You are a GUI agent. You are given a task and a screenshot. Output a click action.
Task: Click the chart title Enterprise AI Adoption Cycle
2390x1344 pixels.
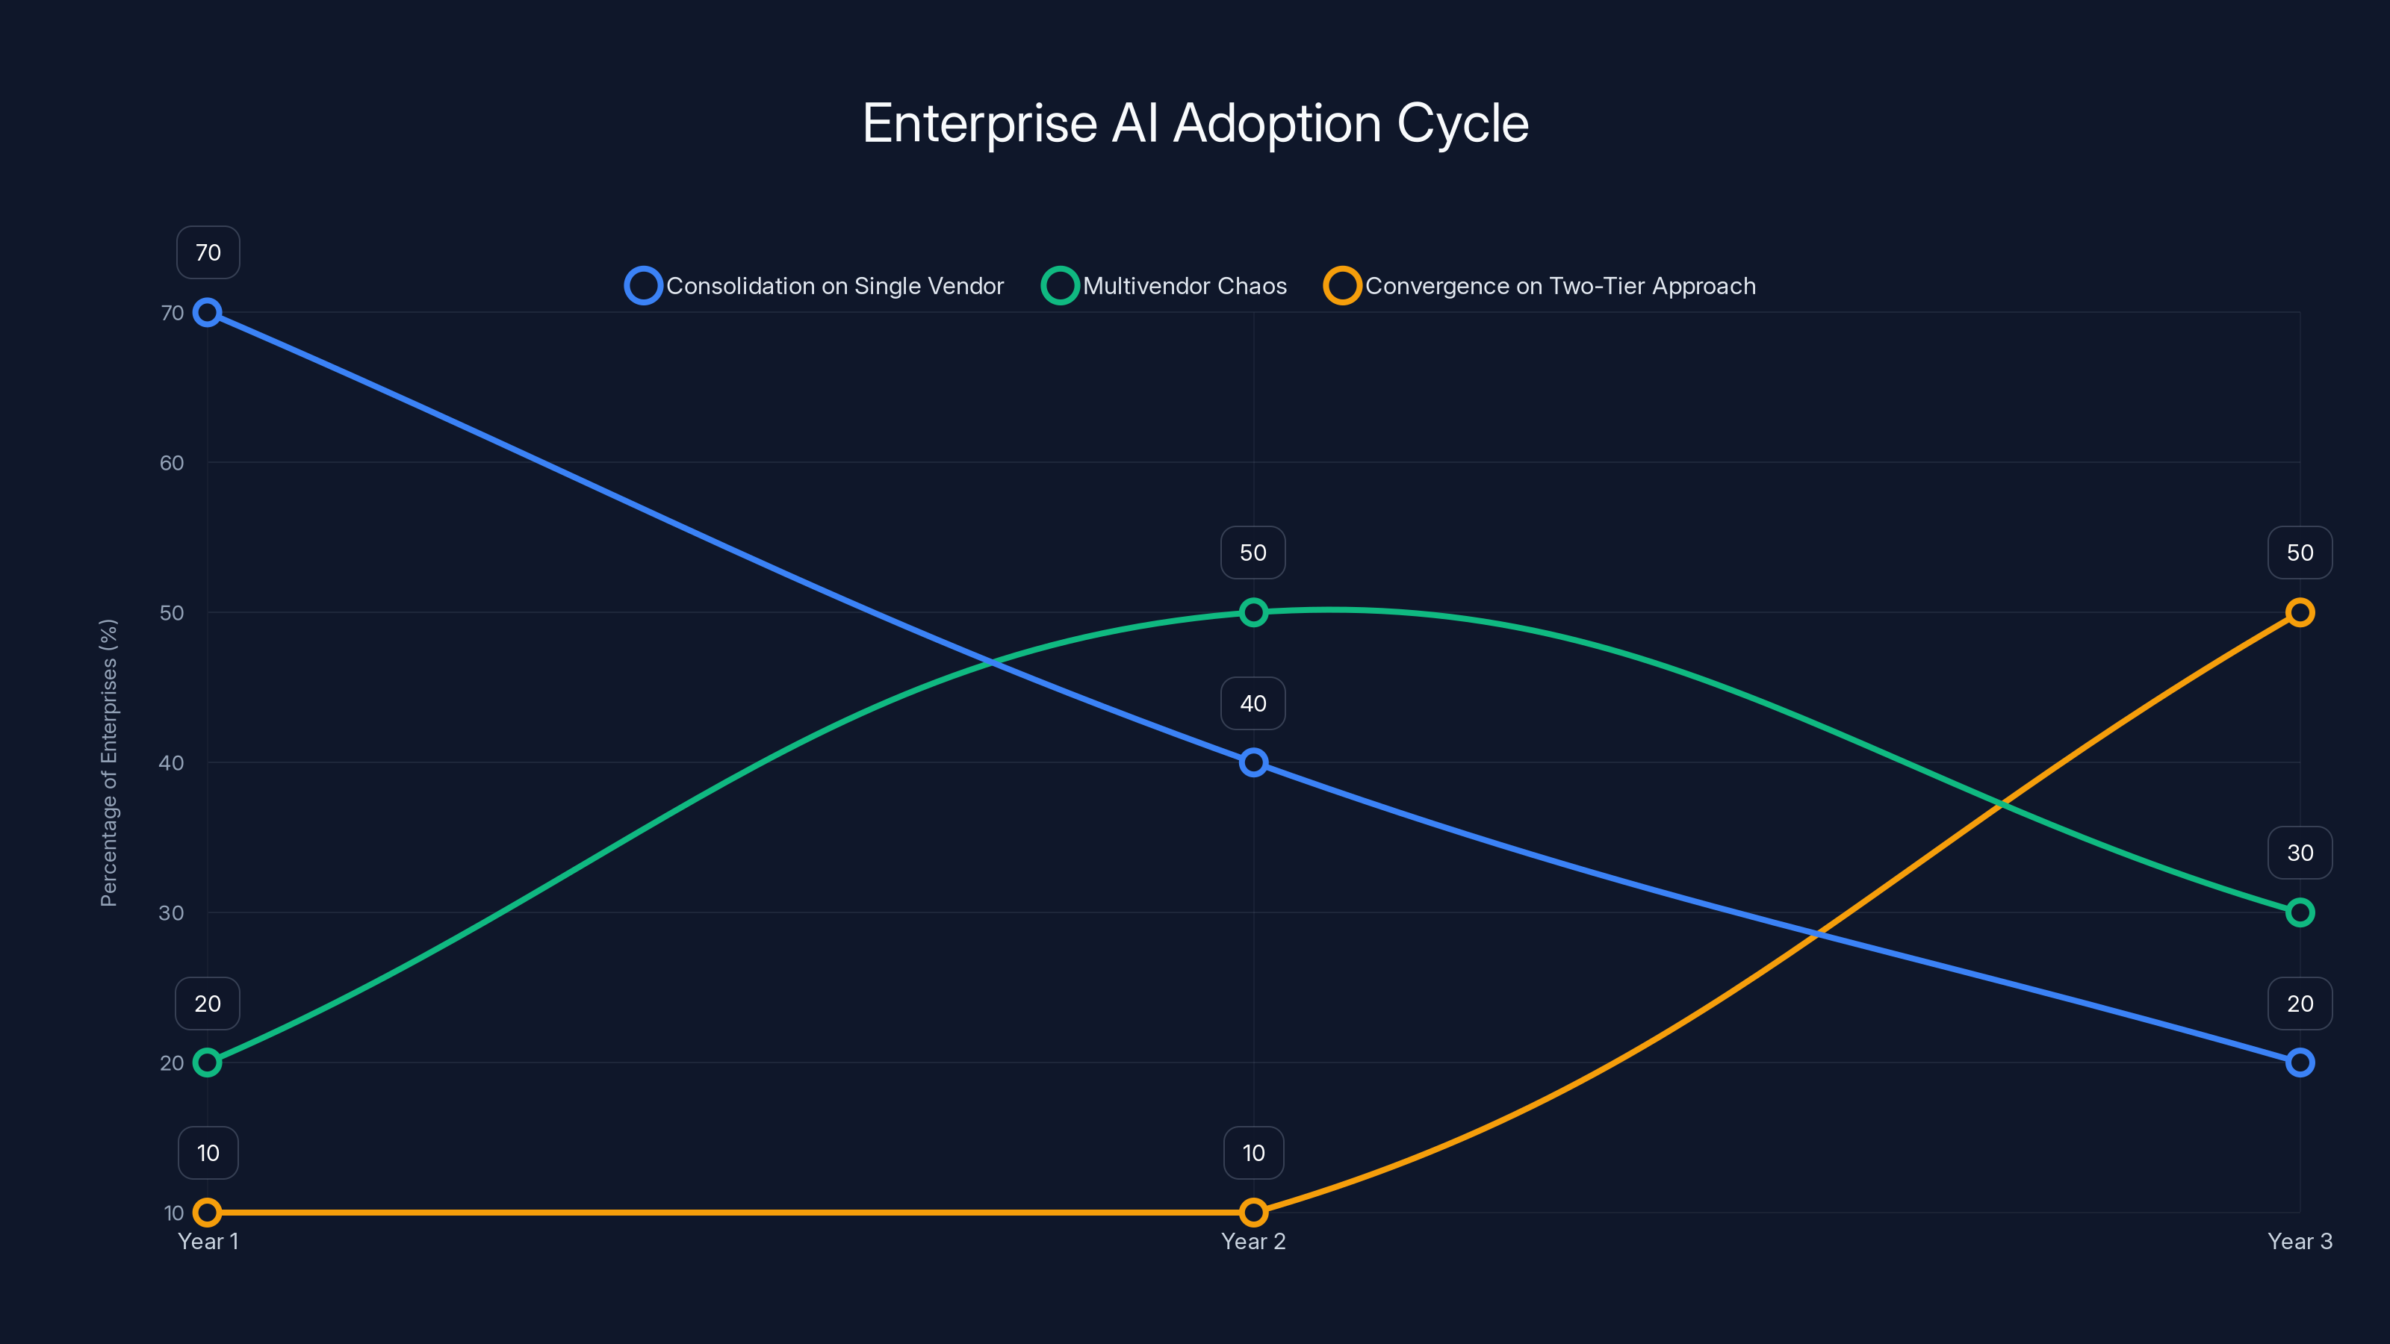coord(1195,123)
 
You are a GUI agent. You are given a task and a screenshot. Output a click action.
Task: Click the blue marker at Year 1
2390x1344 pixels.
coord(207,313)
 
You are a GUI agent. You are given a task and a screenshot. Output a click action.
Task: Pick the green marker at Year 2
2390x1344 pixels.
coord(1253,612)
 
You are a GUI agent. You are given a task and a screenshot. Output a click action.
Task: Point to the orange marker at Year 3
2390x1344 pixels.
coord(2299,612)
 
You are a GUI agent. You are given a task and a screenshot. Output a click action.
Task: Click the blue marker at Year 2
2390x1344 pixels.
coord(1253,762)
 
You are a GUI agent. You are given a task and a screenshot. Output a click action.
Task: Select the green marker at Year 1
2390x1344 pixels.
coord(207,1062)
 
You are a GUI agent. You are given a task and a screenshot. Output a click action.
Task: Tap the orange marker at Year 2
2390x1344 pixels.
coord(1253,1213)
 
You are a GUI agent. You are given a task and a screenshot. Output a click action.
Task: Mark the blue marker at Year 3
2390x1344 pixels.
coord(2299,1062)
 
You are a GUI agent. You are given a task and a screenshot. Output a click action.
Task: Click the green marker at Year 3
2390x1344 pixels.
coord(2299,912)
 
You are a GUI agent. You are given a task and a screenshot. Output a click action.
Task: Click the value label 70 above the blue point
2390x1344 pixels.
coord(208,252)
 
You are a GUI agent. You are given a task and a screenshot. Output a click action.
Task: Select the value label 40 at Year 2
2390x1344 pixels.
coord(1253,703)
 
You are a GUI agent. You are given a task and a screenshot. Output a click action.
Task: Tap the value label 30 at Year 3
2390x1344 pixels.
coord(2299,853)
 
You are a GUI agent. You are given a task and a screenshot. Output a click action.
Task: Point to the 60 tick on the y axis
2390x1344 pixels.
coord(172,463)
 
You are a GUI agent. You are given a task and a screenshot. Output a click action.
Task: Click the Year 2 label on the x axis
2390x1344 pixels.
coord(1253,1241)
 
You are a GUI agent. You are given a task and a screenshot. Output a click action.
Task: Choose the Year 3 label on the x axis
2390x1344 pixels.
coord(2299,1241)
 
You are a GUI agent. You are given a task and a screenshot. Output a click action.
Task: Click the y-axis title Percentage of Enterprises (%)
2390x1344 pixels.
coord(108,762)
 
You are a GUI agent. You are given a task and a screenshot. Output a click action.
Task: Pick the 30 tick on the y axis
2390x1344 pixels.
coord(172,912)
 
